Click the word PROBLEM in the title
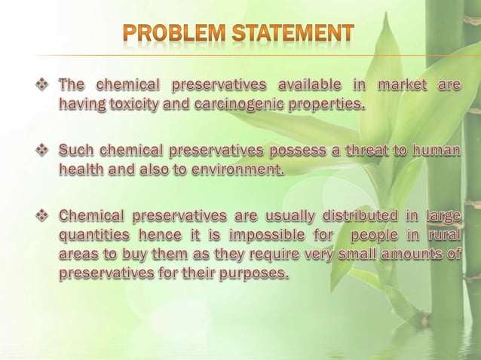coord(173,34)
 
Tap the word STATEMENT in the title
coord(293,34)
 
